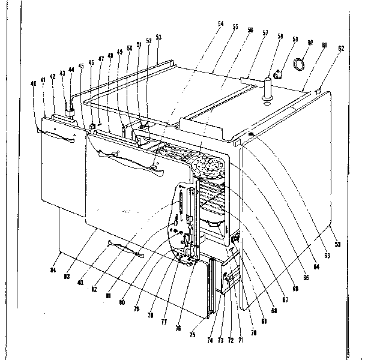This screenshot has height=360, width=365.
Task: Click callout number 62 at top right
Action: [x=340, y=49]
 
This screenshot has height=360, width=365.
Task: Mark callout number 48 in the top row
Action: [x=110, y=55]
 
